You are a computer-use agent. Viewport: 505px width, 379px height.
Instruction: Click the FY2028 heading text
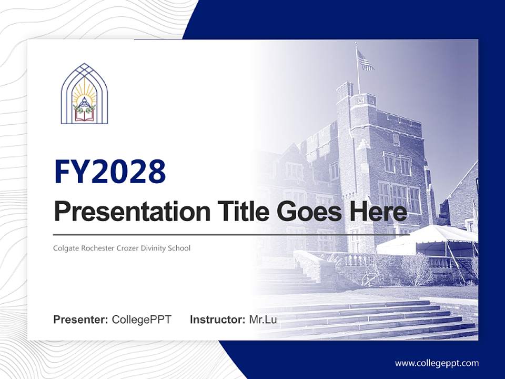[x=110, y=172]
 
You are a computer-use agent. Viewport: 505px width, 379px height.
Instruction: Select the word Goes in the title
[x=302, y=212]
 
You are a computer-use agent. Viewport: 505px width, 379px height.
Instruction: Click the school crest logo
[x=84, y=94]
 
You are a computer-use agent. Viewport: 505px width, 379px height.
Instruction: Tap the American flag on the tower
[x=365, y=61]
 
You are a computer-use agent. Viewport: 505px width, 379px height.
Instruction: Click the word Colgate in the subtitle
[x=67, y=248]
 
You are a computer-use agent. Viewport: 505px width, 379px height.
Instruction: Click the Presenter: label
[x=81, y=320]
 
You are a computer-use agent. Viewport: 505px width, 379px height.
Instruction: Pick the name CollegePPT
[x=142, y=320]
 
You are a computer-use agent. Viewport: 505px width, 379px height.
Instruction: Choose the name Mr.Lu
[x=263, y=320]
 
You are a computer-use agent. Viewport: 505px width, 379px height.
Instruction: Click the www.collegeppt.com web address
[x=437, y=363]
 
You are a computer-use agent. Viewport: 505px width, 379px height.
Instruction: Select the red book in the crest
[x=84, y=115]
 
